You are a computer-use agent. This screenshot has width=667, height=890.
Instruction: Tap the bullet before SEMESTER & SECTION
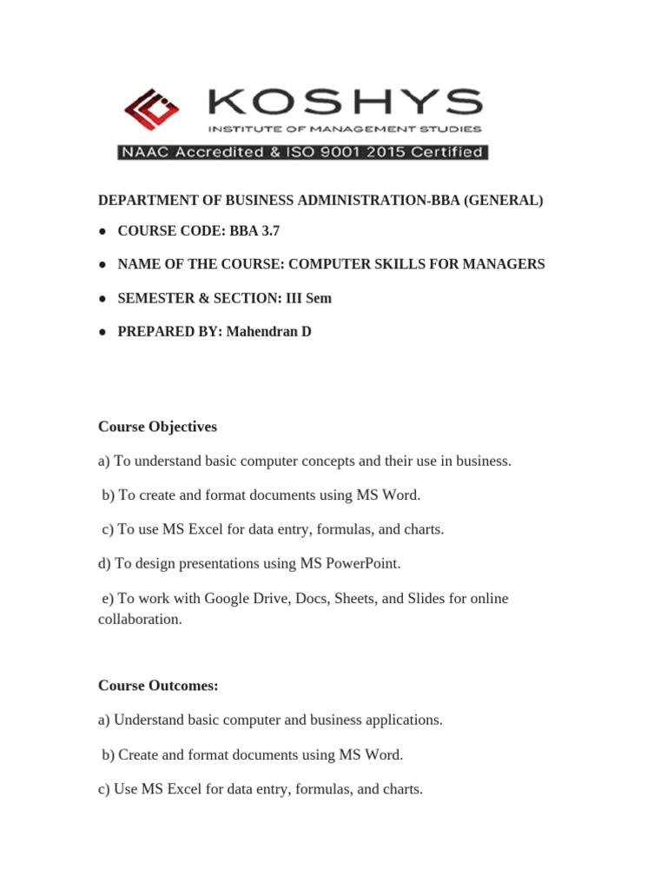tap(102, 298)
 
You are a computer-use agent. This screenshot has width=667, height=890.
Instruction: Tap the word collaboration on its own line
tap(139, 620)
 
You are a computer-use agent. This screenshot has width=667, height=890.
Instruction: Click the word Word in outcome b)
tap(386, 754)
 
